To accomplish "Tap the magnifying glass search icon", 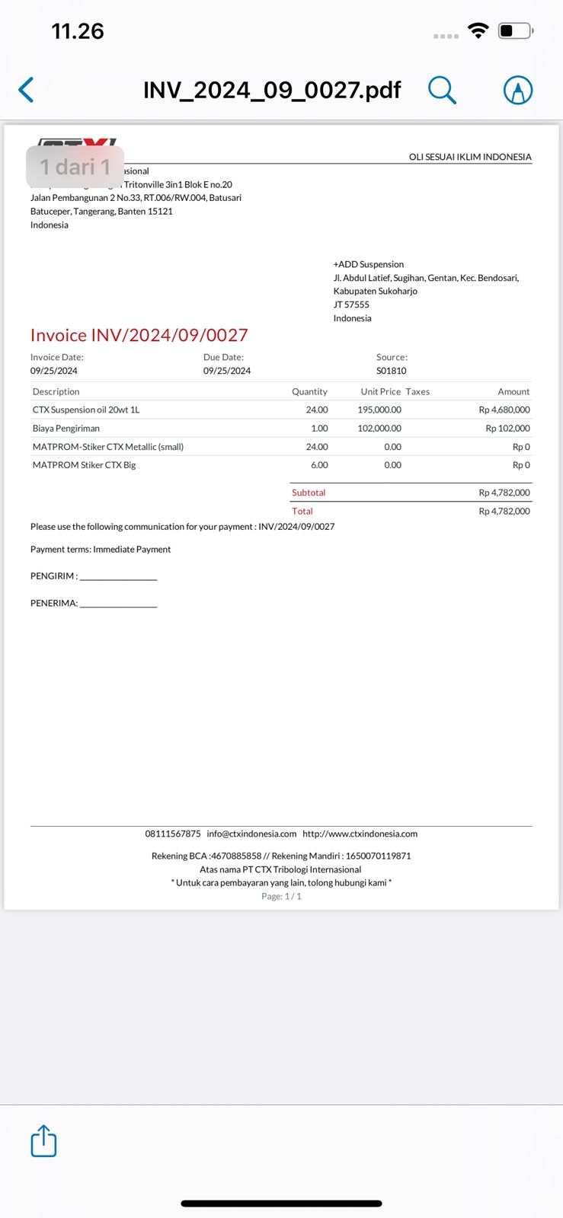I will [442, 90].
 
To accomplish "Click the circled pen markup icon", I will [518, 90].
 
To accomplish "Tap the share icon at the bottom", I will [43, 1141].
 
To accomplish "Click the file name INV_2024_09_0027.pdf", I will [272, 90].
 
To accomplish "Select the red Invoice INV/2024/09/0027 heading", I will [139, 335].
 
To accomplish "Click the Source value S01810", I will [391, 371].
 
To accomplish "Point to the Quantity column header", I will [309, 391].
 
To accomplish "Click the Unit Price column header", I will [380, 391].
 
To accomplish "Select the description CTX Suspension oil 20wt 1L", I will [86, 410].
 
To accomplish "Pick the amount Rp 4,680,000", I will [504, 410].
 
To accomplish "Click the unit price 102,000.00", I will [379, 428].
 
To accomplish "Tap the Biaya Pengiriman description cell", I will [66, 428].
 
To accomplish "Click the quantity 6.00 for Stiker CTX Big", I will [319, 465].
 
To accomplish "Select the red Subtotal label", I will [309, 493].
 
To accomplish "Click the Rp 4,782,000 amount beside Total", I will [504, 511].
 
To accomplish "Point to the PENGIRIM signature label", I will [53, 576].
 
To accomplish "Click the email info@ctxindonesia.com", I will [251, 834].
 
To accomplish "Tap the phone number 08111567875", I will [173, 834].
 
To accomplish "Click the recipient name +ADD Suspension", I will [369, 264].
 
